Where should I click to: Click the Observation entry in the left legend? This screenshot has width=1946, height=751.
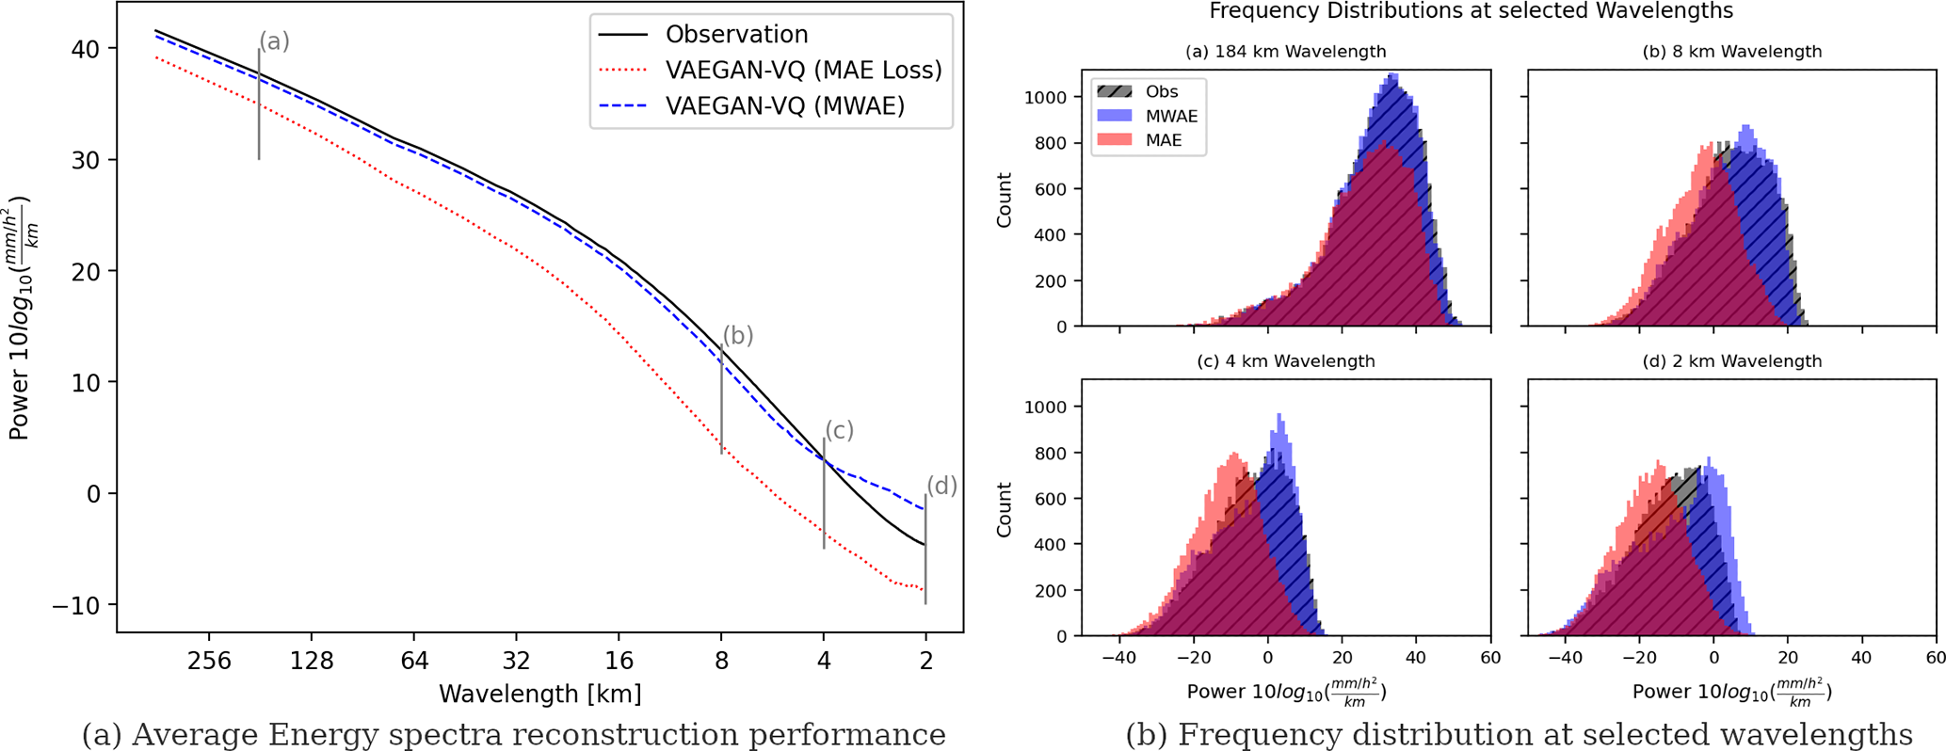pos(736,35)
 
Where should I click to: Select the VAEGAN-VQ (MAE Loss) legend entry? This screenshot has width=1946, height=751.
pos(803,71)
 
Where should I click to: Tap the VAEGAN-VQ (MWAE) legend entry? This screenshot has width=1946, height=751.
pos(784,106)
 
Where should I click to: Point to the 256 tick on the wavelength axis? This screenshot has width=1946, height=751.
pos(209,661)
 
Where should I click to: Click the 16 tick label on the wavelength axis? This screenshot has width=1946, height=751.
pos(619,661)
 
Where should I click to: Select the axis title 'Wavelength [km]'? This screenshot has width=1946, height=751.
pos(540,695)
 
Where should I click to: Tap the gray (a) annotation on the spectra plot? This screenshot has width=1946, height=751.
pos(274,41)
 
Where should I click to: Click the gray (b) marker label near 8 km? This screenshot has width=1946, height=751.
pos(738,336)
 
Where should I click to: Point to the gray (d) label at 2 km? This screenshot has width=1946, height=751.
pos(941,486)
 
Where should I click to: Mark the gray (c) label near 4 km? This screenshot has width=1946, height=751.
pos(839,430)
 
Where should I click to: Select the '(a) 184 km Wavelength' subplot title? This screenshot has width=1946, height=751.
pos(1285,52)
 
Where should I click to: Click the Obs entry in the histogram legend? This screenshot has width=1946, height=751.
pos(1161,92)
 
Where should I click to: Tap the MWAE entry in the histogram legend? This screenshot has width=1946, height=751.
pos(1171,117)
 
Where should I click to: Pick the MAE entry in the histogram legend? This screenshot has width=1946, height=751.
pos(1164,141)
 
